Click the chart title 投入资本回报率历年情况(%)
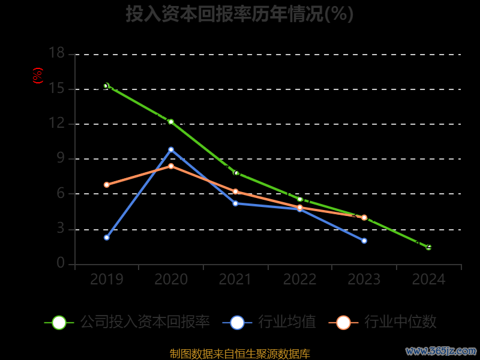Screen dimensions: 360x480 tap(239, 14)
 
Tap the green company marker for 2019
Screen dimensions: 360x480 tap(106, 86)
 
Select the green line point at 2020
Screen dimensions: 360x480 tap(171, 122)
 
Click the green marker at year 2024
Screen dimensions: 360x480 tap(428, 247)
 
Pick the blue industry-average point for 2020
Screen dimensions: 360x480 tap(171, 149)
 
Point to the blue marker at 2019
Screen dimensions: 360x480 tap(106, 238)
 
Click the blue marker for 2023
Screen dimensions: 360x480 tap(364, 241)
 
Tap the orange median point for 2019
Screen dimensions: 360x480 tap(106, 185)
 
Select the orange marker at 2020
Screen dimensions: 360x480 tap(171, 166)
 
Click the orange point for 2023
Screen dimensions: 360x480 tap(364, 217)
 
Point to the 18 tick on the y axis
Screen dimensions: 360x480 tap(56, 53)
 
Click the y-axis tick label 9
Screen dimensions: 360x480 tap(60, 158)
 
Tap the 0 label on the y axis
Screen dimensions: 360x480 tap(60, 263)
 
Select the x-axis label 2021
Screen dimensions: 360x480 tap(235, 280)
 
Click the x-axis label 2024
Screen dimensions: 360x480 tap(428, 280)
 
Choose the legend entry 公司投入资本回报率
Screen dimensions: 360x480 tap(127, 322)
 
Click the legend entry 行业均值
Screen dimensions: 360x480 tap(269, 322)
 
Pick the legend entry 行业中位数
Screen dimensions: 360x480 tap(383, 322)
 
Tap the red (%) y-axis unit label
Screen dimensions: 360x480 tap(38, 76)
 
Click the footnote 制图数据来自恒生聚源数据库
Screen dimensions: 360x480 tap(239, 353)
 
